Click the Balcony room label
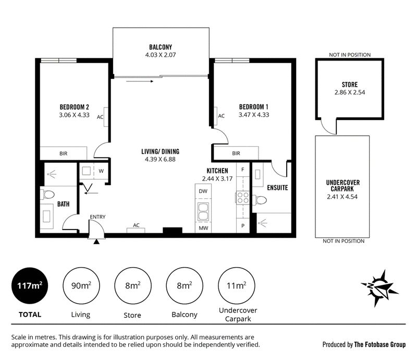[161, 47]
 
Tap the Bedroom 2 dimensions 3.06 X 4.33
[74, 115]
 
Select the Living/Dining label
[161, 151]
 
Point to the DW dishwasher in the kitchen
[203, 191]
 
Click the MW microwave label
[203, 228]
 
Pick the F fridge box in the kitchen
[243, 170]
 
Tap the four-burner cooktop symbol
[243, 198]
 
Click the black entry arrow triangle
[96, 242]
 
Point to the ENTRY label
[97, 217]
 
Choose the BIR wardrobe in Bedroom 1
[236, 153]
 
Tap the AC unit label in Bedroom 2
[100, 117]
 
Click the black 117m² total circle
[30, 286]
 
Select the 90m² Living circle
[81, 286]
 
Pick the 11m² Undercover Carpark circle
[237, 286]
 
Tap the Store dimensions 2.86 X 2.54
[350, 92]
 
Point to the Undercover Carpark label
[343, 186]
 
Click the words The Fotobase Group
[380, 344]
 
